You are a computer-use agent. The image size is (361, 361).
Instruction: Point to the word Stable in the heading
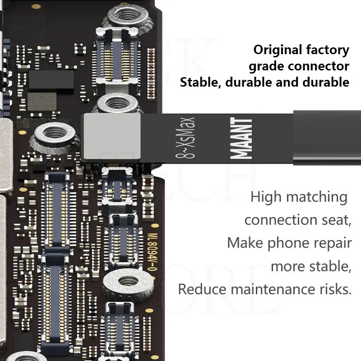coord(199,82)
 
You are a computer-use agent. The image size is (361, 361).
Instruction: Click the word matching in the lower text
coord(315,197)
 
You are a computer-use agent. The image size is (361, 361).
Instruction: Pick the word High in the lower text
coord(265,197)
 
